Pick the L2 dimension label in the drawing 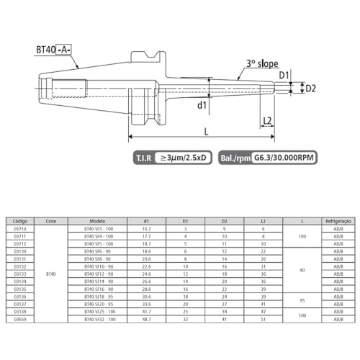[267, 120]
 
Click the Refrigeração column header [338, 220]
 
